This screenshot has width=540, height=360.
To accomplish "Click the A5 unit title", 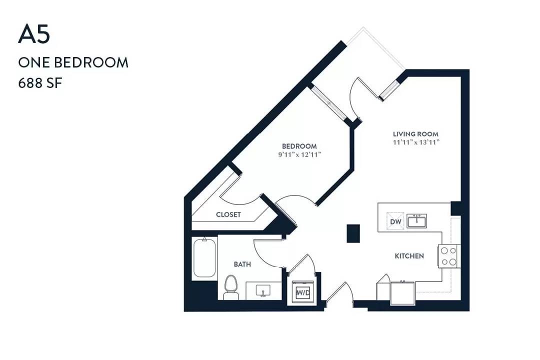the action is point(34,34).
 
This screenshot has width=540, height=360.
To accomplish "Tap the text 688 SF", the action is point(40,83).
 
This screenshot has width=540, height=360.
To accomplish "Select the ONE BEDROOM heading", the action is point(73,62).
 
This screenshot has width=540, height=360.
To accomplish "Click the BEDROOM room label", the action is point(299,146).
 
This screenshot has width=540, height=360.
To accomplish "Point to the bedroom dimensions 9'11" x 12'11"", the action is point(299,154).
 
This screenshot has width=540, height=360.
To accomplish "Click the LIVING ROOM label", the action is point(415,134).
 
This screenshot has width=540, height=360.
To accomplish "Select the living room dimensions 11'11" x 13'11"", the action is point(416,142).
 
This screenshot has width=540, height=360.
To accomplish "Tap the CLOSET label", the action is point(228,214).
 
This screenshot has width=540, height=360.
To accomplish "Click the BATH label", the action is point(242,264).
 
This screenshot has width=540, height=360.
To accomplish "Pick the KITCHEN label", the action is point(409,256).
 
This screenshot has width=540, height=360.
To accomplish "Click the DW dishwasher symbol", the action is point(395,221).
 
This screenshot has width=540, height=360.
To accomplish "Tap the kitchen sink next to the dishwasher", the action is point(416,221).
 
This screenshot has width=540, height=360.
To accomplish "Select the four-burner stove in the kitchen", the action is point(449,256).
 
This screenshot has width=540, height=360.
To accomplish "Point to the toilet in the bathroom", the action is point(230,287).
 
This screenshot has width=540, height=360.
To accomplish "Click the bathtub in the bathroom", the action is point(204,257).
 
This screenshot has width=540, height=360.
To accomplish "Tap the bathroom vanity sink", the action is point(263,291).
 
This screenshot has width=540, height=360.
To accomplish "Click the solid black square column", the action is point(353,233).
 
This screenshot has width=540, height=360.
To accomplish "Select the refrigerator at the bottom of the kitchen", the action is point(403,293).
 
